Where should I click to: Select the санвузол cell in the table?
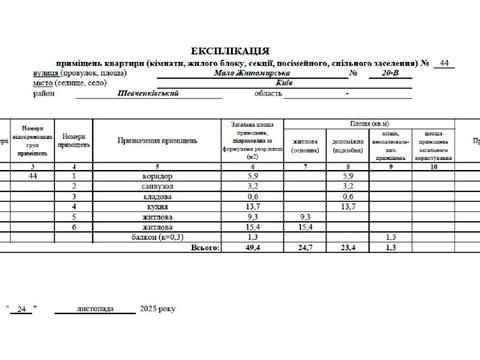(x=150, y=186)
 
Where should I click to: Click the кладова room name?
(x=150, y=196)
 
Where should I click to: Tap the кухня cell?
(x=150, y=206)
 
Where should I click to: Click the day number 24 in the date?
(x=21, y=309)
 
